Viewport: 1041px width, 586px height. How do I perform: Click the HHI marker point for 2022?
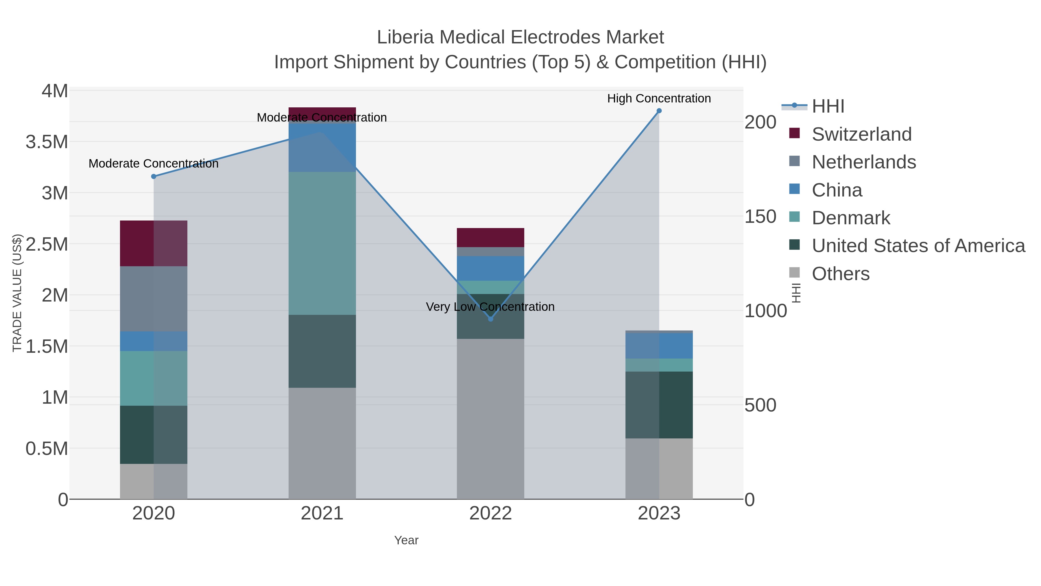point(491,319)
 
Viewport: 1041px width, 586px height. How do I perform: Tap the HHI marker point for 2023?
point(659,111)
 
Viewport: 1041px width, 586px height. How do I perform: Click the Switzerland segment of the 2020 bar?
point(154,243)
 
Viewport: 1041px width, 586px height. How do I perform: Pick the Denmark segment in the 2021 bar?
point(322,243)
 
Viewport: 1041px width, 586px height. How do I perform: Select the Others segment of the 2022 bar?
point(491,418)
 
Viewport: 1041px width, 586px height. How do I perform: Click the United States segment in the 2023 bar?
point(659,405)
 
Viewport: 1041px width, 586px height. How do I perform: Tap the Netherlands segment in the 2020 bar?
point(154,299)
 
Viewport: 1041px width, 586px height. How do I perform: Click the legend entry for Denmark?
point(851,218)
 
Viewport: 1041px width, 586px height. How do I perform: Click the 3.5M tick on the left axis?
point(47,142)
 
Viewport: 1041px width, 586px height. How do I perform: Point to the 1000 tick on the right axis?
point(766,311)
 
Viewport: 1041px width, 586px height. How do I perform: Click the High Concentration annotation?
point(659,99)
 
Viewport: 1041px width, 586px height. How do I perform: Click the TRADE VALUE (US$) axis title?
point(17,293)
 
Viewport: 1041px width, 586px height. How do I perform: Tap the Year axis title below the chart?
point(406,540)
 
